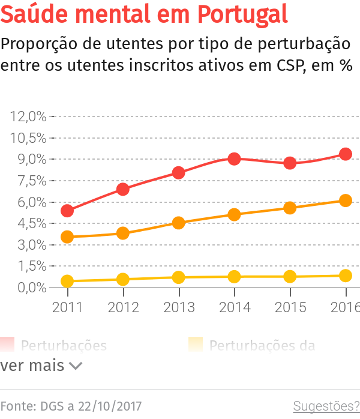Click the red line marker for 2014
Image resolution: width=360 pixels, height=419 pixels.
point(235,159)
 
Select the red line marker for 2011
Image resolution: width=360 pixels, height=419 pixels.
point(67,211)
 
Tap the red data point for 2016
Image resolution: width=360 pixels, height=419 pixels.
point(346,154)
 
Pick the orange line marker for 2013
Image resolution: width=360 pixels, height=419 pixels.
point(179,223)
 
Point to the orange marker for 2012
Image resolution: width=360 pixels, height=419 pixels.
point(123,233)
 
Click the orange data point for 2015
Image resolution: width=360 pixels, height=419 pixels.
point(290,208)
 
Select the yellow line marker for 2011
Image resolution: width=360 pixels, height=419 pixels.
point(67,281)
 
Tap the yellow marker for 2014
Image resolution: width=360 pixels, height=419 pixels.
point(235,277)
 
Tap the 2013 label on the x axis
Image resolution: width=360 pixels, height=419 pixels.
point(179,307)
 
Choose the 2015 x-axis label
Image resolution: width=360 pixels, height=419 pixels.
point(290,307)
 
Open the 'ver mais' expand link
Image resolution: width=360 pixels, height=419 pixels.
point(41,366)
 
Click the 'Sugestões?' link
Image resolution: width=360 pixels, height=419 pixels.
point(326,406)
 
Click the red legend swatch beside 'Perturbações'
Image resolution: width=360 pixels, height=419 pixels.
point(7,345)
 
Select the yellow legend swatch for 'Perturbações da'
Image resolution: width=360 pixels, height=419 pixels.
point(195,345)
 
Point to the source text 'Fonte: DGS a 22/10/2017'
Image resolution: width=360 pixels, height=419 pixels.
point(71,406)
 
